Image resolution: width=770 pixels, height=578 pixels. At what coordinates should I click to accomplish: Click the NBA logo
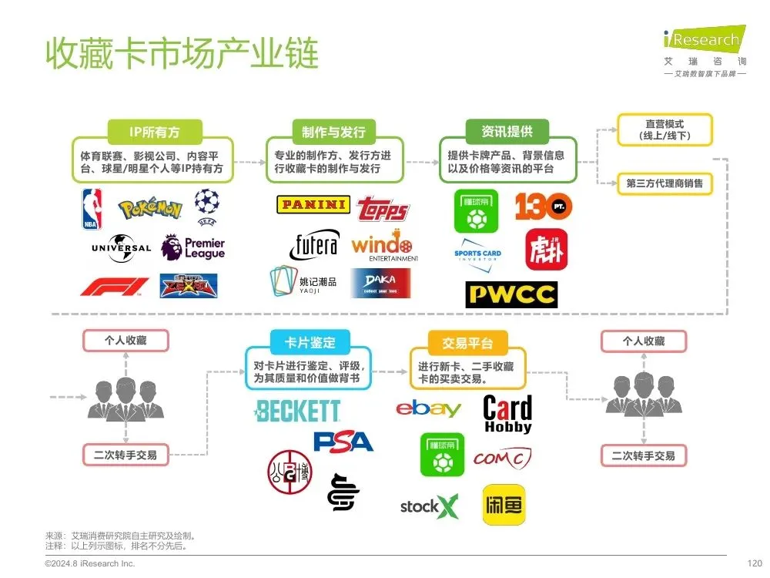pyautogui.click(x=92, y=209)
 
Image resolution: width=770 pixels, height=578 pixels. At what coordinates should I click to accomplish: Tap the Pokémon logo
pyautogui.click(x=150, y=208)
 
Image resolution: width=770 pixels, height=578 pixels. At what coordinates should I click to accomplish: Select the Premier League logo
pyautogui.click(x=193, y=247)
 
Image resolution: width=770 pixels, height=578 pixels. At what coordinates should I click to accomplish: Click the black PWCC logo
pyautogui.click(x=511, y=294)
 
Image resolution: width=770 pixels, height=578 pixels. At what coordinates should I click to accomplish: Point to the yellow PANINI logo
pyautogui.click(x=313, y=204)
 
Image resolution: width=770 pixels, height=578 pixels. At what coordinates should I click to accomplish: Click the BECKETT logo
pyautogui.click(x=297, y=411)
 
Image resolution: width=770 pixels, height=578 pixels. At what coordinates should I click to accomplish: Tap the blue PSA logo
pyautogui.click(x=343, y=442)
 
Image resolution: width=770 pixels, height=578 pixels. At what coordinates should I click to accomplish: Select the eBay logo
pyautogui.click(x=428, y=408)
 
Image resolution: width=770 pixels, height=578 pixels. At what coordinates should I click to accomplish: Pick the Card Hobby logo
pyautogui.click(x=507, y=414)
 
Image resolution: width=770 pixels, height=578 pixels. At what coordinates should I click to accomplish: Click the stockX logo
pyautogui.click(x=429, y=506)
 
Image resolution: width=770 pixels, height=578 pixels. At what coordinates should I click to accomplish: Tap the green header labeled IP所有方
pyautogui.click(x=155, y=132)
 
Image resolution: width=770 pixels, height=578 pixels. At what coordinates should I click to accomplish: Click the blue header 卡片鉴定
pyautogui.click(x=300, y=343)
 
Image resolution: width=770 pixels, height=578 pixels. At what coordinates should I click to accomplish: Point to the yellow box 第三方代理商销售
pyautogui.click(x=665, y=183)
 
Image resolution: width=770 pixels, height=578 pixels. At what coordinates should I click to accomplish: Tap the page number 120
pyautogui.click(x=755, y=563)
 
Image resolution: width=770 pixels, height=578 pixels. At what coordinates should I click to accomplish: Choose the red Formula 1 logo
pyautogui.click(x=115, y=287)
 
